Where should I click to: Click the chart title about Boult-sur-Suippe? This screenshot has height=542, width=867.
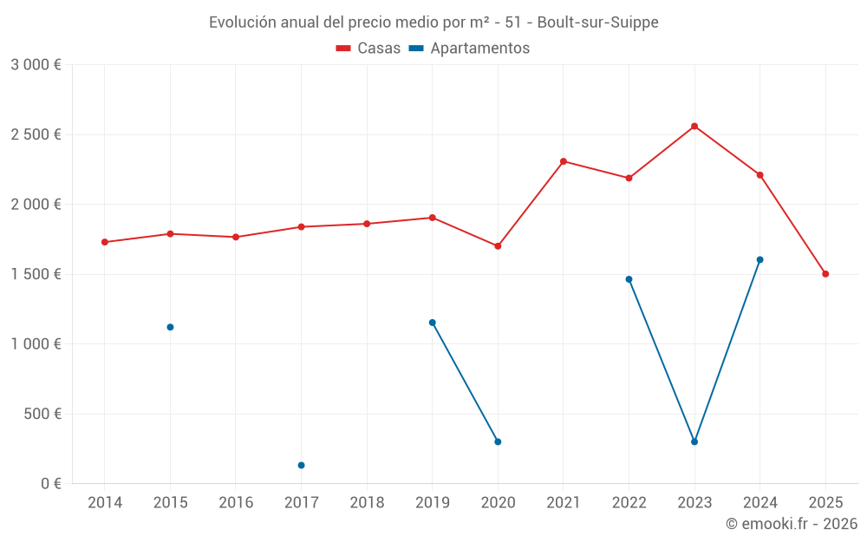coord(433,23)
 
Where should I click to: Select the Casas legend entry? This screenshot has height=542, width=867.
coord(368,49)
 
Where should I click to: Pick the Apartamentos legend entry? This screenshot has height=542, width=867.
coord(469,49)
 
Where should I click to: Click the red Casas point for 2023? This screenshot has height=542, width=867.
coord(694,126)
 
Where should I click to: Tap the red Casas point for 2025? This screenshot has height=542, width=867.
coord(825,274)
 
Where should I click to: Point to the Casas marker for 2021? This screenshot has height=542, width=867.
coord(564,161)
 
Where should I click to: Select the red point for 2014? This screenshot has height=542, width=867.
coord(105,242)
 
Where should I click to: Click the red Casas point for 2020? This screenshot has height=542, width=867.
coord(498,246)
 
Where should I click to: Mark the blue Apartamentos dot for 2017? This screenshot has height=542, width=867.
coord(301,466)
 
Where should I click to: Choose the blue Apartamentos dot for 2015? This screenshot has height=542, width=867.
coord(170,327)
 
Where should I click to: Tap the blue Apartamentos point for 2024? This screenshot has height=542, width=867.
coord(759,259)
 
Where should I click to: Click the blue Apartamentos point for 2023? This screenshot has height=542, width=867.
coord(694,441)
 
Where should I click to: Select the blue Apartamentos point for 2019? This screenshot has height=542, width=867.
coord(432,323)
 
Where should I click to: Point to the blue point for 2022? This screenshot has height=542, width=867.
coord(629,279)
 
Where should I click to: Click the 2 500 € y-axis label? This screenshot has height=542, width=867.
coord(36,134)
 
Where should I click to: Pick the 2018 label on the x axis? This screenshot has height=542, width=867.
coord(367,503)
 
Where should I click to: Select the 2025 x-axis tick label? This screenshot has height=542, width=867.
coord(825,503)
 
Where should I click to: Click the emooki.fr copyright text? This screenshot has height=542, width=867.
coord(791,524)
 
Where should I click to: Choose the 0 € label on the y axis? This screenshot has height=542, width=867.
coord(50,483)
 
